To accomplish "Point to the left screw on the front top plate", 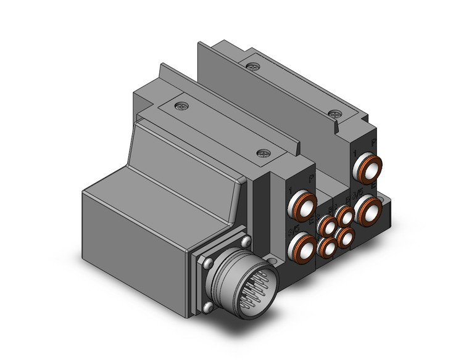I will click(x=180, y=105).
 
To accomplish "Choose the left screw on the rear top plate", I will click(x=251, y=65).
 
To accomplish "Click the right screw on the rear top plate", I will click(x=335, y=114).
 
